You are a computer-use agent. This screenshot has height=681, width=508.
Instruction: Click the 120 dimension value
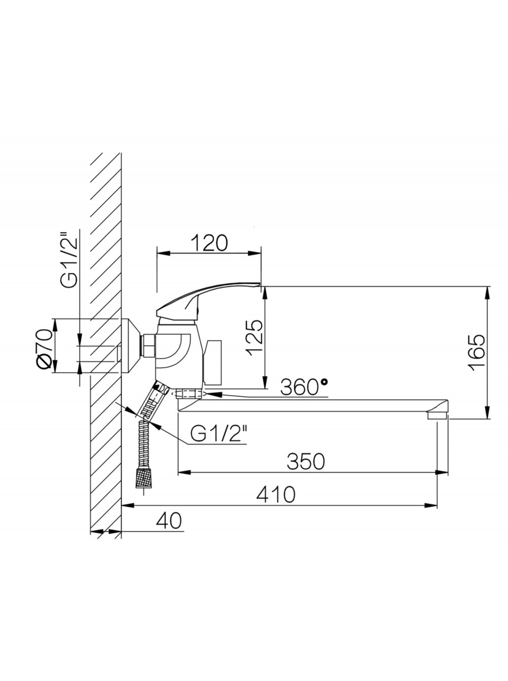click(x=209, y=243)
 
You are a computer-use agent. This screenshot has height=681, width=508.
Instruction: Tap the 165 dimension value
click(x=477, y=352)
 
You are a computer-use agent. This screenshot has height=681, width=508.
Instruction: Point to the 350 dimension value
click(x=305, y=462)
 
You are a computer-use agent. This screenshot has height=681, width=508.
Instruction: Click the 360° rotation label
click(x=303, y=387)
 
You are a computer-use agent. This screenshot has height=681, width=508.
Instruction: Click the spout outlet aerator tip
click(x=437, y=415)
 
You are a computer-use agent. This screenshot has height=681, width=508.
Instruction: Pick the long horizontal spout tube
click(x=305, y=405)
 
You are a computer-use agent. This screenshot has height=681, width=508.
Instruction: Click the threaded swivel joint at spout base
click(x=188, y=394)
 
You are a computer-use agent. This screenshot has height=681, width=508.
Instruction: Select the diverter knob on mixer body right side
click(x=213, y=362)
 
